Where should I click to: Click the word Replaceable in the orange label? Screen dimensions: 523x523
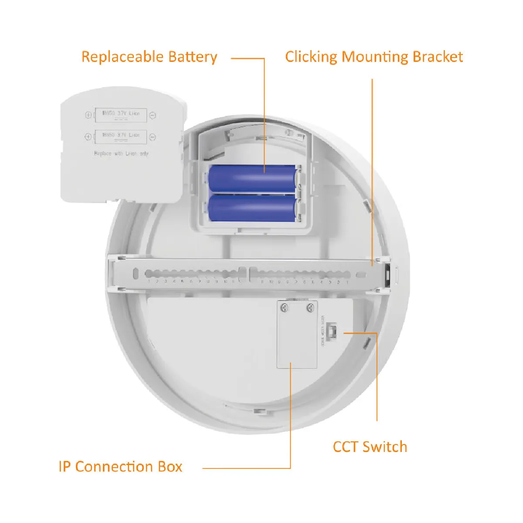(x=122, y=57)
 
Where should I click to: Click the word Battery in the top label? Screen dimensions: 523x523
(x=193, y=57)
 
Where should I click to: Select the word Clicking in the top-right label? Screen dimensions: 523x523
(x=311, y=57)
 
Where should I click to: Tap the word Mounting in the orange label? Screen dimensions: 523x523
(x=375, y=57)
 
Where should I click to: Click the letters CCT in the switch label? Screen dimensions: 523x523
(x=346, y=447)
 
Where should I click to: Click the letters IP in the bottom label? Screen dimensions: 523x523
(x=65, y=467)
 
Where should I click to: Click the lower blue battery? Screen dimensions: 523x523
(x=252, y=207)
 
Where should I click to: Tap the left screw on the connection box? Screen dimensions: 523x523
(x=284, y=308)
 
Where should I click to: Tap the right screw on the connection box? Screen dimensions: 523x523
(x=310, y=308)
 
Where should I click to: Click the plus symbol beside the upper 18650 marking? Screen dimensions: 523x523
(x=88, y=115)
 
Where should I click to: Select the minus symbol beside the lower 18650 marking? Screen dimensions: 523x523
(x=153, y=137)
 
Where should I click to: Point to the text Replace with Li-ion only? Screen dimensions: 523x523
(x=121, y=153)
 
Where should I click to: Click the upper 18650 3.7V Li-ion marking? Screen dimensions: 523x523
(x=121, y=113)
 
